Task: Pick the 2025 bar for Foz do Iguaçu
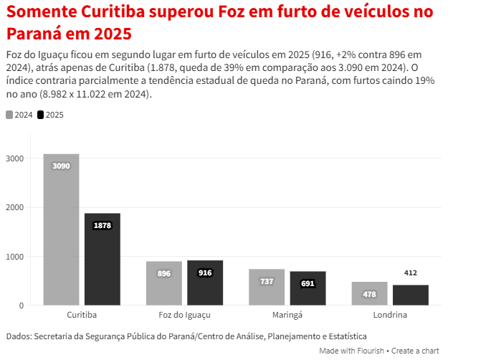[x=205, y=283]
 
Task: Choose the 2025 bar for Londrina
[x=411, y=295]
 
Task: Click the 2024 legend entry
[x=19, y=115]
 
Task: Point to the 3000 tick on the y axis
[x=16, y=158]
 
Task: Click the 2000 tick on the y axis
[x=16, y=207]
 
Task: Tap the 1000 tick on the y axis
[x=16, y=257]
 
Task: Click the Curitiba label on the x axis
[x=82, y=315]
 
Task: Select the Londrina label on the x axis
[x=390, y=315]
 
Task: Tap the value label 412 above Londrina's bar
[x=411, y=273]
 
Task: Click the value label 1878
[x=103, y=225]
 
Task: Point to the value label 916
[x=205, y=273]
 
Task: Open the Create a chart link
[x=415, y=351]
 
